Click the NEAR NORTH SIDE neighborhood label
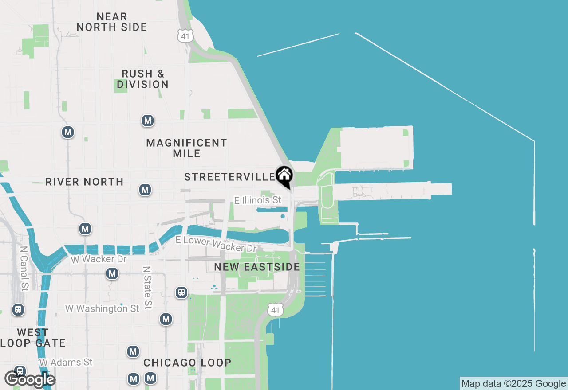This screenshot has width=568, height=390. pos(111,22)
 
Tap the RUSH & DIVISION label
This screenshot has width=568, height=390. pos(142,79)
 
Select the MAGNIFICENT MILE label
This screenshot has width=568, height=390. pos(186,148)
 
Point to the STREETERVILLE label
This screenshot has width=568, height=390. pos(229,177)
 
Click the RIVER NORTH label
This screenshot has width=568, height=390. pos(84,182)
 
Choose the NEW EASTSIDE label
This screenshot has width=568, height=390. pos(257,267)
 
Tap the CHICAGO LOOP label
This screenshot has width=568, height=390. pos(187,363)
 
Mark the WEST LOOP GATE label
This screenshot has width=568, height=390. pos(33,338)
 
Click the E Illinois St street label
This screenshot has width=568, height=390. pos(258,200)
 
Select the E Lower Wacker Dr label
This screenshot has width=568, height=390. pos(216,244)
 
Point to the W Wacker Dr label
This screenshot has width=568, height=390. pos(99,259)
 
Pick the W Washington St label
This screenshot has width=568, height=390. pos(102,308)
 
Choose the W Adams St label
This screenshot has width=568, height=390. pos(66,363)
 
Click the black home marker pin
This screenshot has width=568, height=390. pos(284,176)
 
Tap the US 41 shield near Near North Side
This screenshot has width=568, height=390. pos(185,36)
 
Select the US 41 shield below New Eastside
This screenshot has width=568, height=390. pos(275,310)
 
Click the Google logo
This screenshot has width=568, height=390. pos(30,379)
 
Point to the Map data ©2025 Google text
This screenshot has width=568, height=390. pos(513,384)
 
